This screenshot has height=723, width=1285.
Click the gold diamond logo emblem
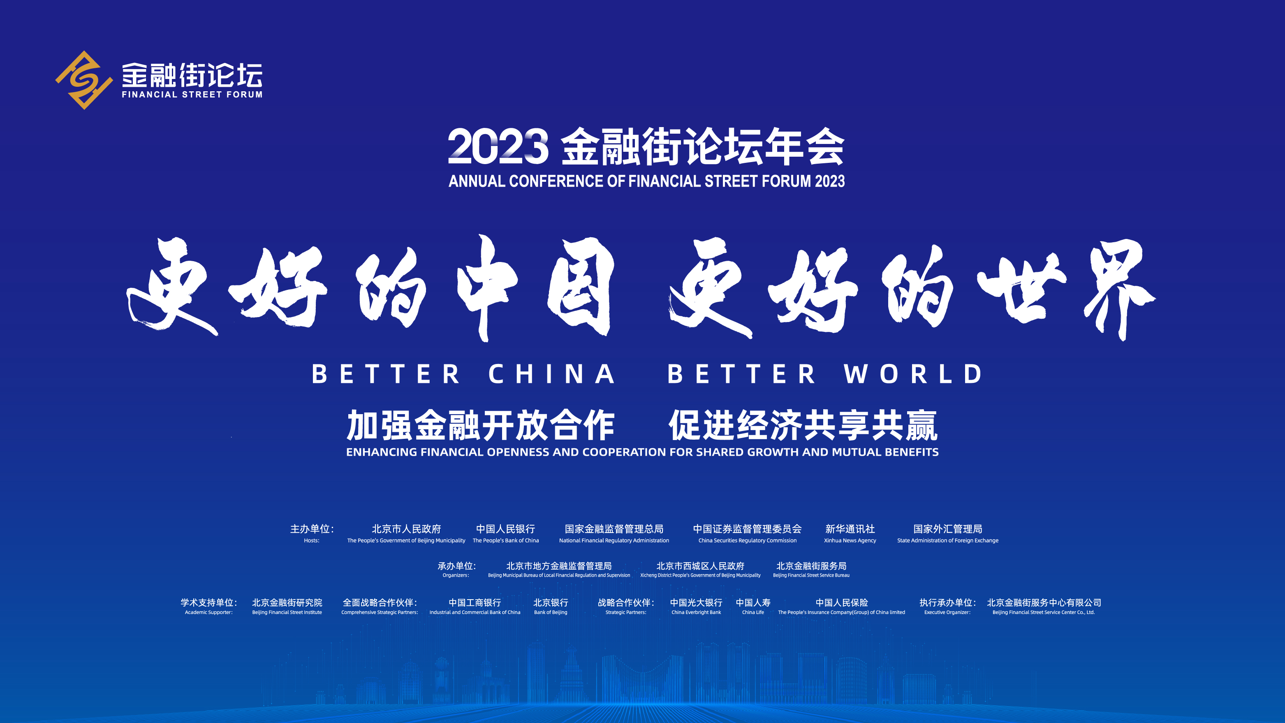click(84, 80)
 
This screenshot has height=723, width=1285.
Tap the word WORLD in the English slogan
click(913, 374)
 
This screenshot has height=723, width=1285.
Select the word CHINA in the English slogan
click(551, 374)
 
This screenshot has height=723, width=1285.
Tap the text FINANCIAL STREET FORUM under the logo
click(192, 94)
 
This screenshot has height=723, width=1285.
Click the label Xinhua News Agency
click(850, 540)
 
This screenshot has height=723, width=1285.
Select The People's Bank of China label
click(505, 540)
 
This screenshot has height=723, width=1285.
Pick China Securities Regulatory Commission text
click(747, 540)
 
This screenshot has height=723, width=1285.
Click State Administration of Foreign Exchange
click(947, 540)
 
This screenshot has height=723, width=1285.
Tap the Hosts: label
click(311, 540)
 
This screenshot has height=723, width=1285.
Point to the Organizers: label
click(456, 575)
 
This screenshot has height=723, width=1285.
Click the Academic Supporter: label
click(208, 612)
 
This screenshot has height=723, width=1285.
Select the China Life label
click(753, 612)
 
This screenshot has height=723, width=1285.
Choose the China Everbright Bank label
click(696, 612)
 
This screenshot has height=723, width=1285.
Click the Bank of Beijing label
click(550, 612)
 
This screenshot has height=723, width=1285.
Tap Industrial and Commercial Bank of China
click(475, 612)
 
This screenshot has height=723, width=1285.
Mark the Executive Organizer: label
click(947, 612)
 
